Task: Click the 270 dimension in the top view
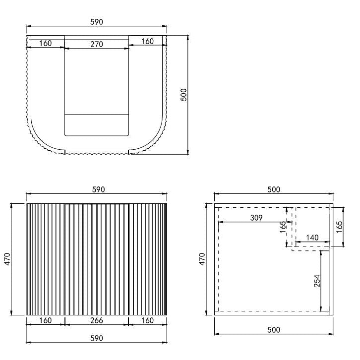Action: point(96,44)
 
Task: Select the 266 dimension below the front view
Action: point(96,320)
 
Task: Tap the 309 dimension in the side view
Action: point(256,218)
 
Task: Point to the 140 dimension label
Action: point(312,238)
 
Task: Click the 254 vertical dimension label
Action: point(317,281)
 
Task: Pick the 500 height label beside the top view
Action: point(184,95)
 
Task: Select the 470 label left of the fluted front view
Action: point(7,259)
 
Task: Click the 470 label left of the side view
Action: point(202,259)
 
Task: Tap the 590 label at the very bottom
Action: point(96,338)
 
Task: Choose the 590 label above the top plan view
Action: point(96,22)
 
